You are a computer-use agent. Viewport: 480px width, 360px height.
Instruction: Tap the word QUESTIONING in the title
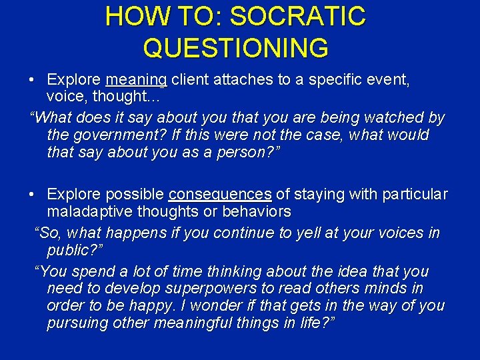(x=235, y=48)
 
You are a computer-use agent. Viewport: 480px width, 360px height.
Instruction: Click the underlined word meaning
(x=136, y=80)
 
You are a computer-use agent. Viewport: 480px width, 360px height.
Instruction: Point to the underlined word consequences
(x=220, y=195)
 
